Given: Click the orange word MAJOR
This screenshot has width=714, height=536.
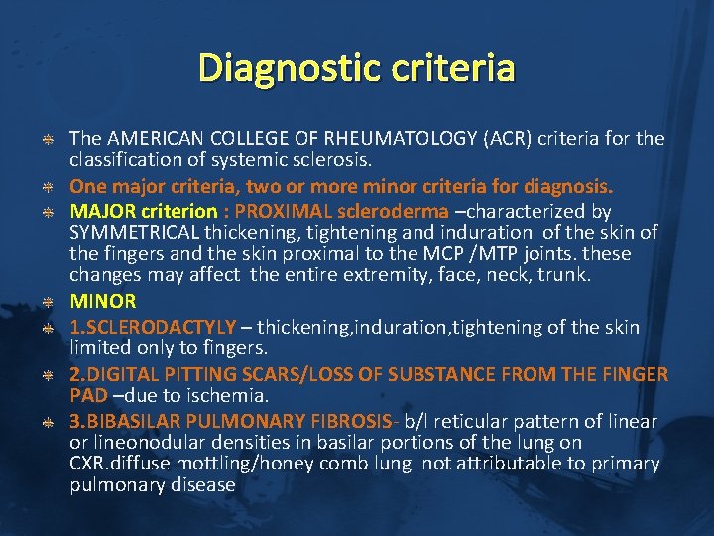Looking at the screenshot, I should pyautogui.click(x=101, y=211).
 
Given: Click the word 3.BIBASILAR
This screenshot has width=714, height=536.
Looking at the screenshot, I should pyautogui.click(x=124, y=421).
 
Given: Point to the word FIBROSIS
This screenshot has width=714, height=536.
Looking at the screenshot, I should pyautogui.click(x=337, y=421).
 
